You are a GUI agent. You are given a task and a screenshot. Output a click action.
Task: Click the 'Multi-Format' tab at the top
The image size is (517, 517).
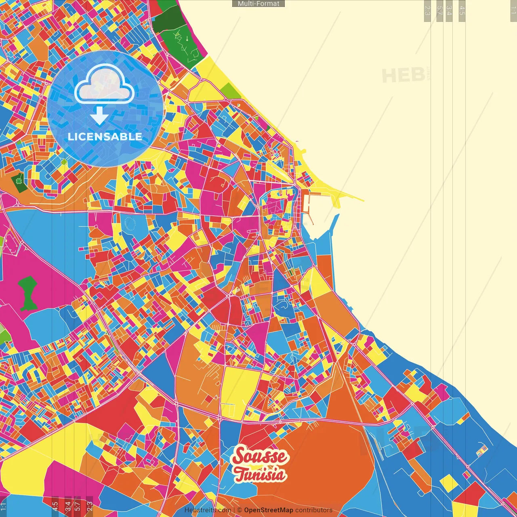[x=258, y=4]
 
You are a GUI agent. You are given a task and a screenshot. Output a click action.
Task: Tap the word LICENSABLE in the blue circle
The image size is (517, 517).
[x=105, y=137]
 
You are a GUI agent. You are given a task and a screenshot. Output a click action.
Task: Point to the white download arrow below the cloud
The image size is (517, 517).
[x=99, y=116]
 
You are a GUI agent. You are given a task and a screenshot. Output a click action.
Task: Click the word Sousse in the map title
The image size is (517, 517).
[x=261, y=457]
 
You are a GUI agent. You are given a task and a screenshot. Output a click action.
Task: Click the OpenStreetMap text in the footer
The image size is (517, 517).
[x=268, y=510]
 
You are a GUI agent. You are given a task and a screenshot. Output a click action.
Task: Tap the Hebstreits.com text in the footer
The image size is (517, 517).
[x=208, y=510]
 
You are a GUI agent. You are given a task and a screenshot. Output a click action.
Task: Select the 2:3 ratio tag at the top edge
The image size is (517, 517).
[x=427, y=11]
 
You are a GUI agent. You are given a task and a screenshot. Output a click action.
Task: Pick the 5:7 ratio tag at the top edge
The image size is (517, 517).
[x=440, y=11]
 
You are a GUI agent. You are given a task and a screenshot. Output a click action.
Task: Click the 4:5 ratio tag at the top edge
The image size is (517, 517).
[x=462, y=11]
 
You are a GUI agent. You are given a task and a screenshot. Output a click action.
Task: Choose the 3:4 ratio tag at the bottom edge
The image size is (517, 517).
[x=68, y=506]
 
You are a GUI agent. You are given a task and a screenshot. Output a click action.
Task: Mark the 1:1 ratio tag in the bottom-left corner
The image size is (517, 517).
[x=4, y=506]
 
